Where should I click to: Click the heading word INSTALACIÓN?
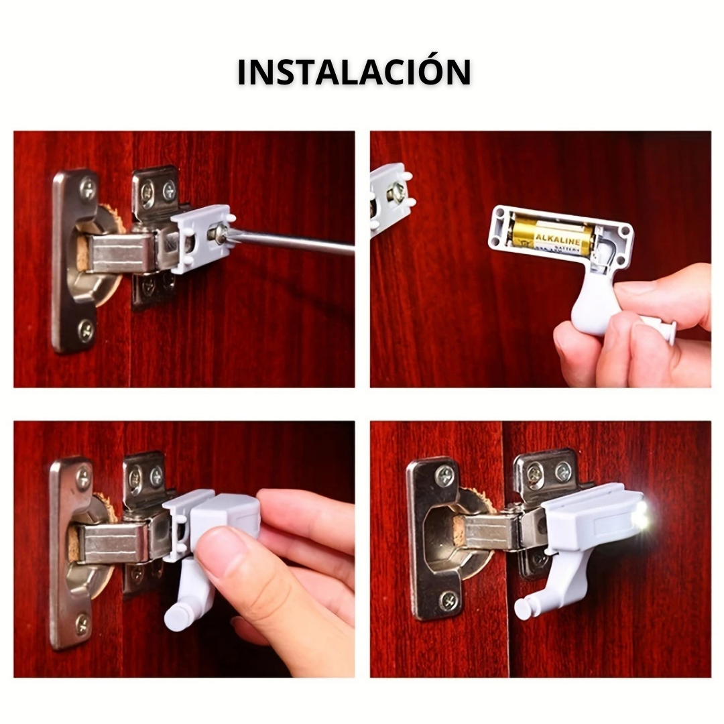pos(354,72)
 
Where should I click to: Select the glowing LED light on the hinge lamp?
pos(641,516)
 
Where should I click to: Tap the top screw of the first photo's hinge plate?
pos(88,189)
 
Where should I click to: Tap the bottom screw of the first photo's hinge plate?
pos(86,329)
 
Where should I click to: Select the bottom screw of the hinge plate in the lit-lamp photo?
pos(447,600)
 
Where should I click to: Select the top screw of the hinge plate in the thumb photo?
pos(84,478)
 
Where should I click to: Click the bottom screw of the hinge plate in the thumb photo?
pos(82,624)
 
